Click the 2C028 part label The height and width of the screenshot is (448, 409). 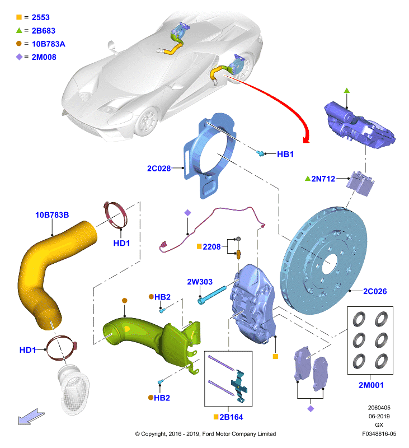159,169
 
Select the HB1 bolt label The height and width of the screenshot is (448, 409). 285,154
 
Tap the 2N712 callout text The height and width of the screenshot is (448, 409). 323,179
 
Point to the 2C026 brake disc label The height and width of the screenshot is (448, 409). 375,291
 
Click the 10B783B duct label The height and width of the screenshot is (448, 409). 52,215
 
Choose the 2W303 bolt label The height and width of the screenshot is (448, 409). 200,282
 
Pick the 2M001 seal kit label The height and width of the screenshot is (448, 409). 371,385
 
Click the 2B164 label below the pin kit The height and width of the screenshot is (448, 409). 231,417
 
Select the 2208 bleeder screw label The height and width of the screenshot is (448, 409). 211,247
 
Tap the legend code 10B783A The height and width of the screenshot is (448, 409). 48,44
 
